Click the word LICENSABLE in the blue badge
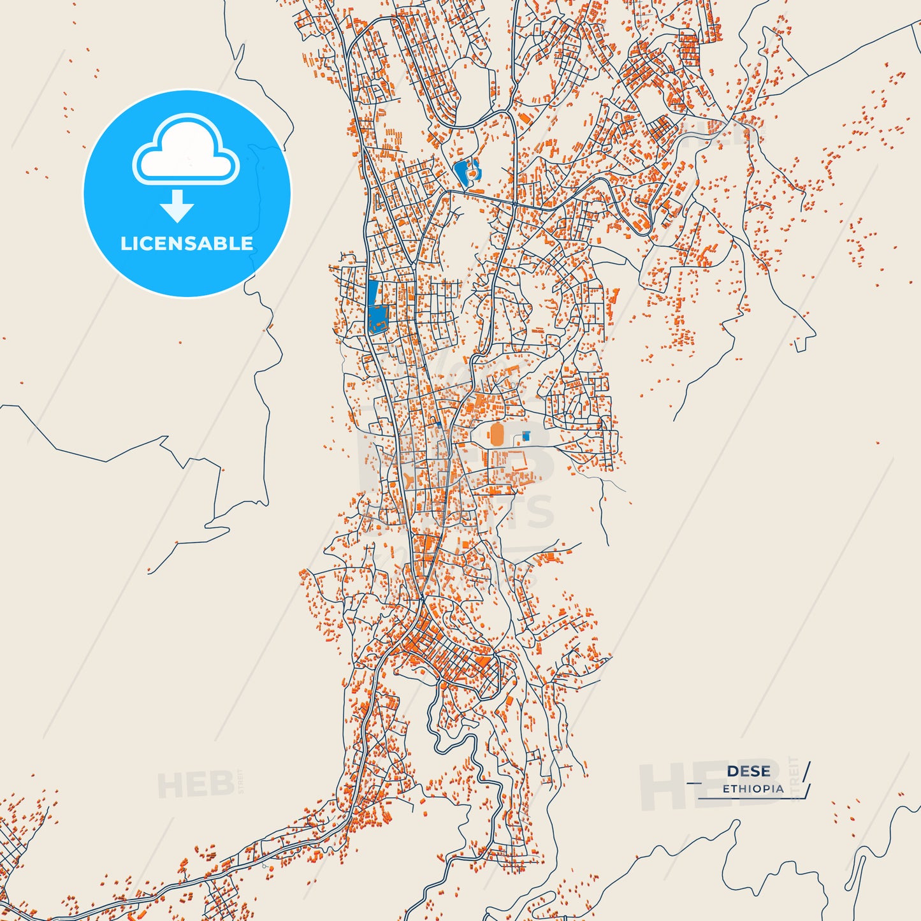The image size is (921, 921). click(x=187, y=243)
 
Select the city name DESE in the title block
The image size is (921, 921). click(x=748, y=771)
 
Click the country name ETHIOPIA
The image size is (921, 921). click(x=753, y=788)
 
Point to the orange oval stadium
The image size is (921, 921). click(x=497, y=435)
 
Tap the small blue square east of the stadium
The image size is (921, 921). click(x=526, y=435)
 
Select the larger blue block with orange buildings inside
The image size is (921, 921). click(x=378, y=319)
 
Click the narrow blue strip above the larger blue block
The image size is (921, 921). click(x=373, y=292)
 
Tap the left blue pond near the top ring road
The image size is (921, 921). click(x=460, y=171)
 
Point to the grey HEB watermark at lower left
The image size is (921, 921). click(x=195, y=785)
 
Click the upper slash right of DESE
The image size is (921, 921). click(x=807, y=771)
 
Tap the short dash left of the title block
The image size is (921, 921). click(x=693, y=782)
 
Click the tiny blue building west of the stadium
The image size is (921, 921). click(x=439, y=424)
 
